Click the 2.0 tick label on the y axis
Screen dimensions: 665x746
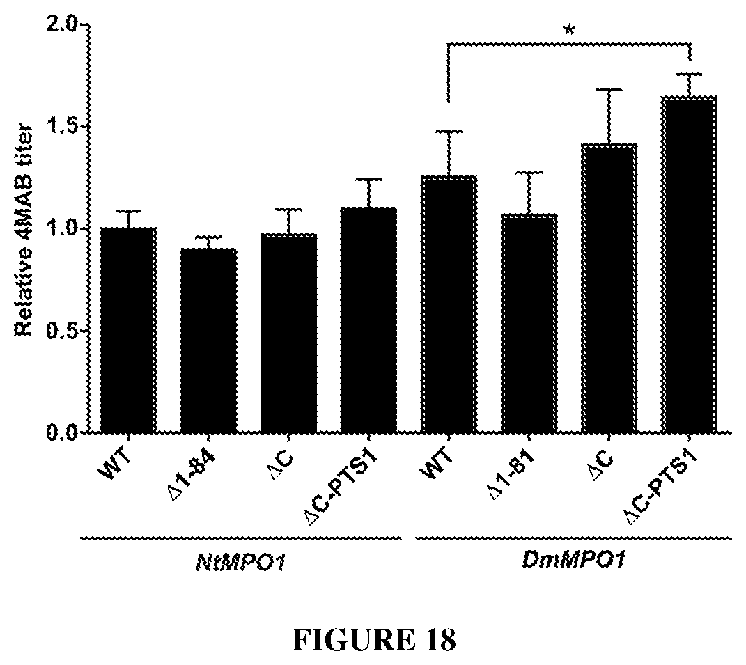[64, 26]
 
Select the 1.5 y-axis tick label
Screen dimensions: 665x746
[64, 127]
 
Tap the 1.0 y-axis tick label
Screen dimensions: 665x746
[64, 229]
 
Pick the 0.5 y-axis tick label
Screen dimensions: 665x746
[64, 331]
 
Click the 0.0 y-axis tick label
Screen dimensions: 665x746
[64, 432]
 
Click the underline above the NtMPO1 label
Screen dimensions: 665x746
[240, 538]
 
